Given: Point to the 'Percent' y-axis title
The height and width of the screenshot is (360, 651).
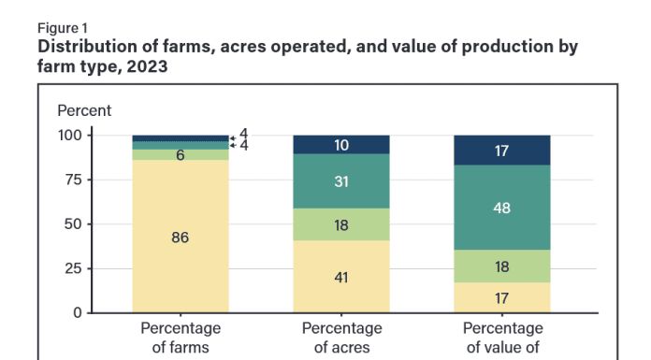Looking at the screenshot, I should coord(84,110).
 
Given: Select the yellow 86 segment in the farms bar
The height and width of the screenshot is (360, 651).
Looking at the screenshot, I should coord(181,238).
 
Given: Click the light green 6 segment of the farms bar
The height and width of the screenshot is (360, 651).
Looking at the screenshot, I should coord(181,155).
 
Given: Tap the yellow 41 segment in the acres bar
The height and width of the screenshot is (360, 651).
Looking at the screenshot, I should coord(342,277).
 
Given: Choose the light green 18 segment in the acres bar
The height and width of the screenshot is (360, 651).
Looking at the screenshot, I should coord(342,224).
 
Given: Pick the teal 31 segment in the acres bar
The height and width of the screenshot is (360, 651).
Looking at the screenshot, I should coord(342,180).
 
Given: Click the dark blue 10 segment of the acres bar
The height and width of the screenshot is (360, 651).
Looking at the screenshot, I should coord(342,145).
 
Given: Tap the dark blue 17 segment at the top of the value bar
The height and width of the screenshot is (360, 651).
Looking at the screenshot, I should coord(502,151).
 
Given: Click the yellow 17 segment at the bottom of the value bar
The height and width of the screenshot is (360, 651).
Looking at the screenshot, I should coord(502,297).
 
